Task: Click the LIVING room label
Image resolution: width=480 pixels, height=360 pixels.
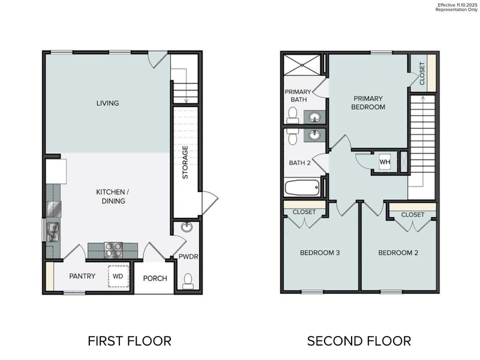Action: (x=108, y=103)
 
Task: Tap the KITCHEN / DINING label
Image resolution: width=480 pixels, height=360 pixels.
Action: (x=113, y=196)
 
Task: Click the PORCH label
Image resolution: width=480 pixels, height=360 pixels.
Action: (x=155, y=278)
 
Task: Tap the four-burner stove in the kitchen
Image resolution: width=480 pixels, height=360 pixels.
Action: (x=113, y=249)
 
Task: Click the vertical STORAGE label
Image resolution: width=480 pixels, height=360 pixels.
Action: (x=185, y=163)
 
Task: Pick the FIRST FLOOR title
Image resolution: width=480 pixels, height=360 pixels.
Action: (x=129, y=341)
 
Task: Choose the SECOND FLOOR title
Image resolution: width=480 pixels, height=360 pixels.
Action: (x=359, y=341)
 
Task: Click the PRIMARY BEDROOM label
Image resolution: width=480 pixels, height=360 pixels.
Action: (x=369, y=103)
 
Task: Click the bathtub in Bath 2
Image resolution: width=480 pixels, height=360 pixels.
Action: (x=303, y=188)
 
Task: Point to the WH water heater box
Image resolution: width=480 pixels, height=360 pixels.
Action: (x=384, y=162)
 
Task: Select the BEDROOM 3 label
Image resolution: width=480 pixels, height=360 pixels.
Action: (x=320, y=253)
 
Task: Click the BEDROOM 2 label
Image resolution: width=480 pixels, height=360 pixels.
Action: (x=398, y=253)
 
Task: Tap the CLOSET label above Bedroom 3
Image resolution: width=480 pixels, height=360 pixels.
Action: (x=304, y=212)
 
